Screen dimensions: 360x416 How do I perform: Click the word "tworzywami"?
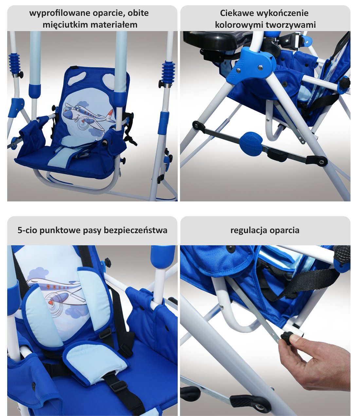pyautogui.click(x=291, y=25)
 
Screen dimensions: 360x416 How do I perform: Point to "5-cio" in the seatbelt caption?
pyautogui.click(x=27, y=230)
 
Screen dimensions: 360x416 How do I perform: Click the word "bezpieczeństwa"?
pyautogui.click(x=135, y=230)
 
